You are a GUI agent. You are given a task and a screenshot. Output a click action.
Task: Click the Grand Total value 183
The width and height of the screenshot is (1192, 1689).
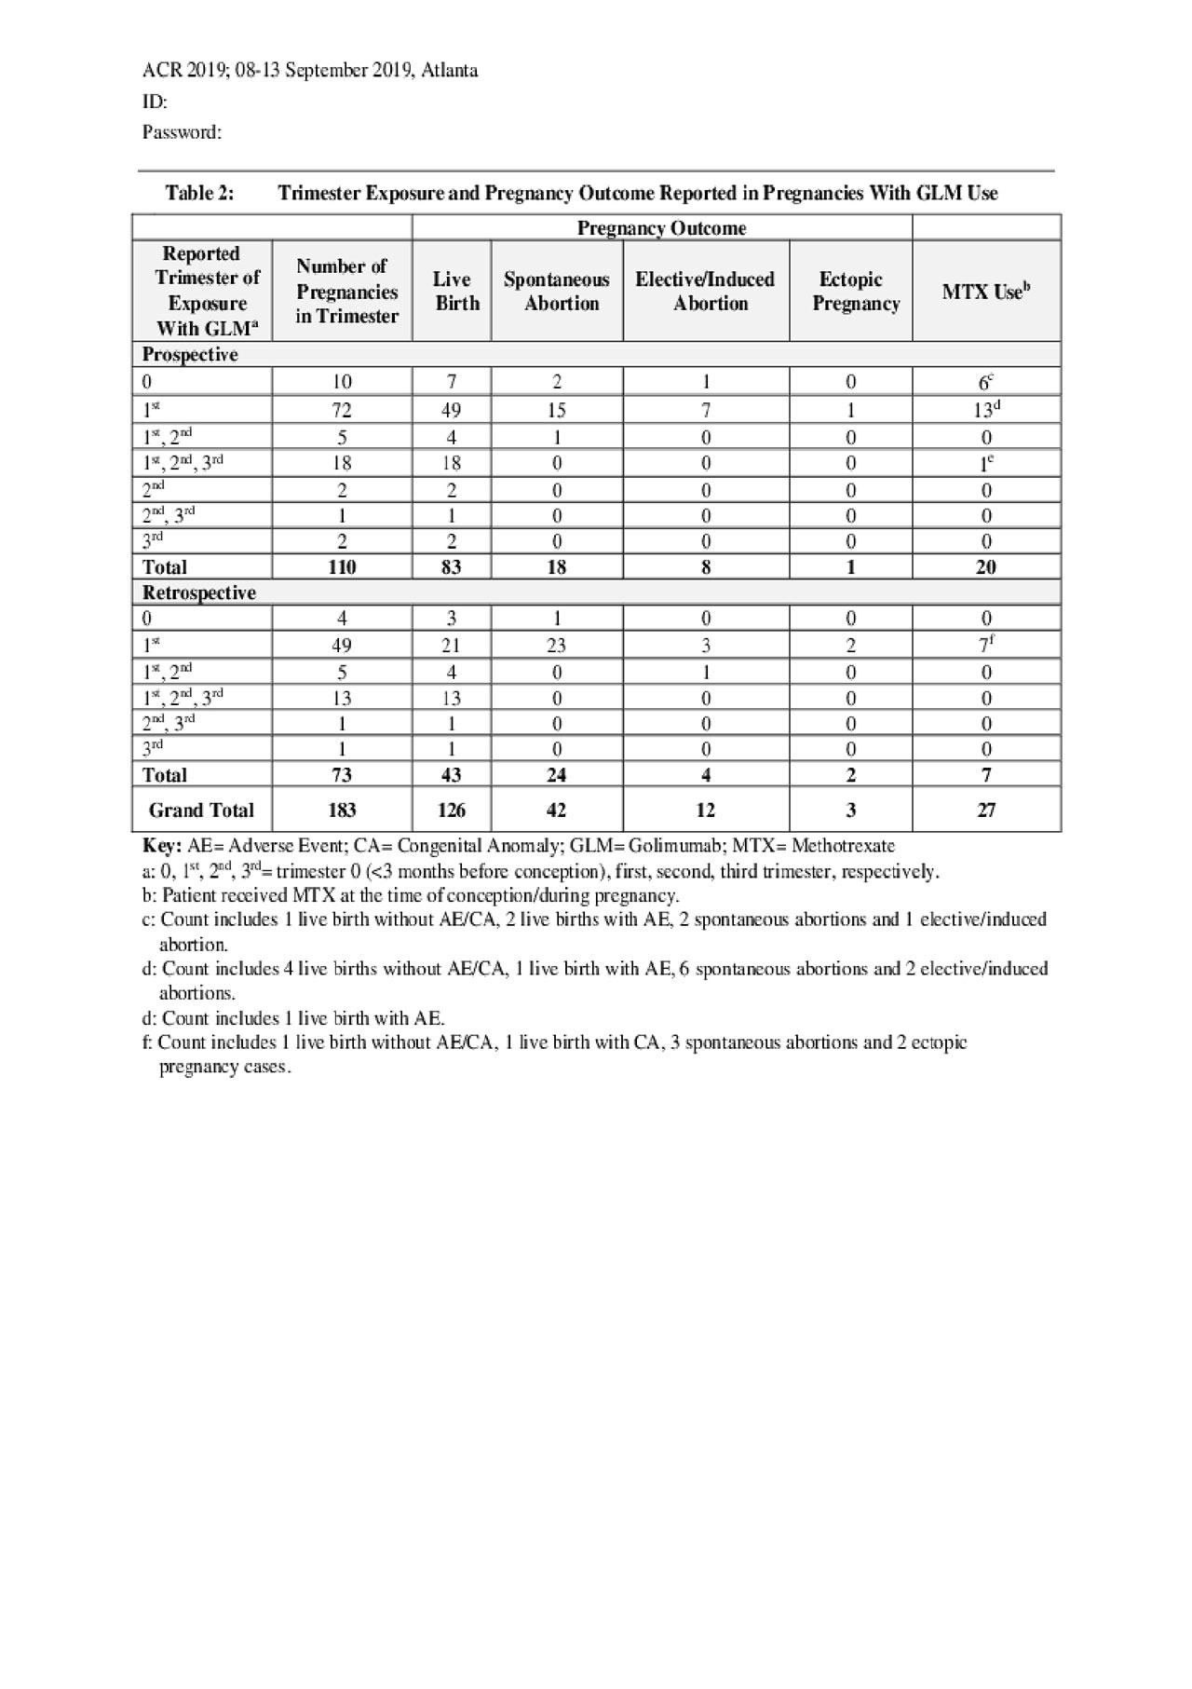(x=342, y=810)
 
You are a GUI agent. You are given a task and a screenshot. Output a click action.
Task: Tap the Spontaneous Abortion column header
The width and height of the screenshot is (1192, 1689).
(x=557, y=292)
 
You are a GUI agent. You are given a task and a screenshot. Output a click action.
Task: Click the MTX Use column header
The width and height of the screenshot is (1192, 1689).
(x=985, y=292)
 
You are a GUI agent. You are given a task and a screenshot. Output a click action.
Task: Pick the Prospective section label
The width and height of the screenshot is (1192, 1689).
(x=190, y=355)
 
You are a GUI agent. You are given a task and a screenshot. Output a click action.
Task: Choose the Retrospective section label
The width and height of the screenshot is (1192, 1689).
(x=198, y=593)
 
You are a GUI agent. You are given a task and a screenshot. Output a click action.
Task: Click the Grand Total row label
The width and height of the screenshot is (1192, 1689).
(x=201, y=810)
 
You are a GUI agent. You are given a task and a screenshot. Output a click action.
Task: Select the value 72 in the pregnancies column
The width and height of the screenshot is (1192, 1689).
(x=342, y=410)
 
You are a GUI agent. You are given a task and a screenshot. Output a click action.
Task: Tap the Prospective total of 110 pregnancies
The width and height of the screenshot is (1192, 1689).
(x=342, y=566)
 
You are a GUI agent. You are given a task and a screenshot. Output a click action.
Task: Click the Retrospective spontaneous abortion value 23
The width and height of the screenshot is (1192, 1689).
(x=556, y=645)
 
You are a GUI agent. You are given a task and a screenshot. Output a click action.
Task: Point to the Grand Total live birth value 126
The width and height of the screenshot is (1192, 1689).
(x=451, y=810)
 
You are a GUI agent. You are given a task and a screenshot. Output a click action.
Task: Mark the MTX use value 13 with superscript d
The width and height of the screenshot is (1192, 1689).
(x=986, y=410)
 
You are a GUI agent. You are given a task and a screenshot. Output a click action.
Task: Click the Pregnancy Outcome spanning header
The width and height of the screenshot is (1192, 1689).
(x=661, y=228)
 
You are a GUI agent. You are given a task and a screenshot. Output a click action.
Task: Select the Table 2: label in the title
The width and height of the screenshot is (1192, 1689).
(x=199, y=194)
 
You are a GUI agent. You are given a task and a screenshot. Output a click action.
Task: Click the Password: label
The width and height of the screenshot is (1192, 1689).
(x=182, y=132)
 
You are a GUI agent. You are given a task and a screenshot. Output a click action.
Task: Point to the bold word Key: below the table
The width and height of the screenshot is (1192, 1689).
(x=161, y=846)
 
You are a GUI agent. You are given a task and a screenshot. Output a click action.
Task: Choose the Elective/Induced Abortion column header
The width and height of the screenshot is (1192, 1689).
(x=705, y=292)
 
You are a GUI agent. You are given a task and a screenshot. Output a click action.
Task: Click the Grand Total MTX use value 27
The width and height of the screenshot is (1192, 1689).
(x=986, y=810)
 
